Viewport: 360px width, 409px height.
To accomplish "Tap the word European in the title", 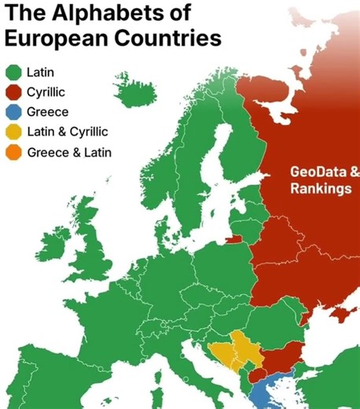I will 63,39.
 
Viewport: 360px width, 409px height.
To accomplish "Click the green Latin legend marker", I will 13,73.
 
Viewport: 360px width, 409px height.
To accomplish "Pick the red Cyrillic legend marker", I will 13,93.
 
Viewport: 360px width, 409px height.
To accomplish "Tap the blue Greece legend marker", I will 13,112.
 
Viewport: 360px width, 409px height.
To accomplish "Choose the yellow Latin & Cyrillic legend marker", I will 13,132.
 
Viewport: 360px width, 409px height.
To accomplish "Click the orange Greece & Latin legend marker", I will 13,152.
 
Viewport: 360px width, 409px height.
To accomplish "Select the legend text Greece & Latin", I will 69,152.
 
